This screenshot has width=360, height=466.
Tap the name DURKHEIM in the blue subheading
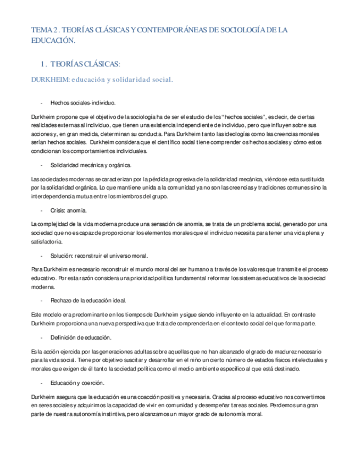[x=50, y=79]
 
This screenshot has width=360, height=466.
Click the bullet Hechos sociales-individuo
[x=82, y=103]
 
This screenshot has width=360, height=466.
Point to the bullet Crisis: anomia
[x=69, y=210]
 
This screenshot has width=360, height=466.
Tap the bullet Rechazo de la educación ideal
[x=88, y=301]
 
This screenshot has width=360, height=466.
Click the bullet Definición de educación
[x=81, y=337]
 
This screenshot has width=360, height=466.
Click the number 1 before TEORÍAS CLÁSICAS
[x=43, y=63]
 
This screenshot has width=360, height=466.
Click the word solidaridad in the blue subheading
[x=132, y=79]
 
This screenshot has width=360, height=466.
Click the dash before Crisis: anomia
[x=42, y=210]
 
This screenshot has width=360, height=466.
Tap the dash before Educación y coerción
[x=42, y=382]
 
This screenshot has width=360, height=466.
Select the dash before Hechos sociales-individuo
[x=42, y=103]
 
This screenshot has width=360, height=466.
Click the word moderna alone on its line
[x=42, y=287]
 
